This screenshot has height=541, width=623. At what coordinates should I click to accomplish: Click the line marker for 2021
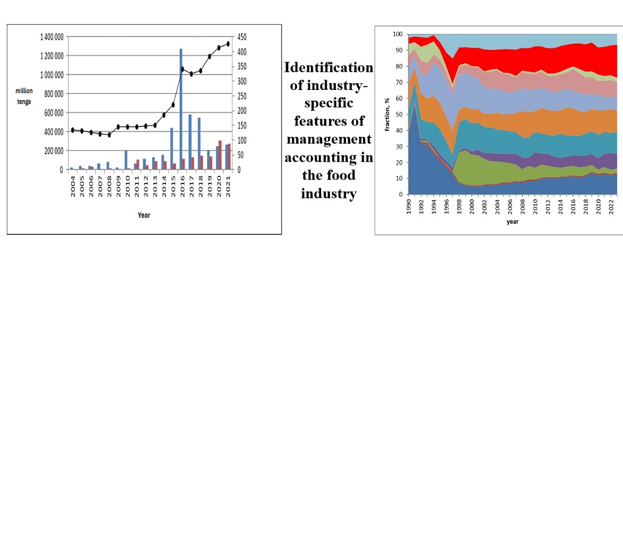[x=228, y=44]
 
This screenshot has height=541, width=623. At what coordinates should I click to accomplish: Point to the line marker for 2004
[x=72, y=130]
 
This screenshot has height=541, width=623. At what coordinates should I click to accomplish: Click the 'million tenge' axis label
[x=24, y=96]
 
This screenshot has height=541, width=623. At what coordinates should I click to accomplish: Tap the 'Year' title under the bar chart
[x=144, y=215]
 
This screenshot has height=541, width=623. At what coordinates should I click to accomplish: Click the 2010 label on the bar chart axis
[x=127, y=185]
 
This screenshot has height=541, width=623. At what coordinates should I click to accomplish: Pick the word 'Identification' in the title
[x=328, y=68]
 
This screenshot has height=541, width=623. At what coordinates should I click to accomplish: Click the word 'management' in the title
[x=328, y=139]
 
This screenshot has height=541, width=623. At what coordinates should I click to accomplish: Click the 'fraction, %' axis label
[x=388, y=114]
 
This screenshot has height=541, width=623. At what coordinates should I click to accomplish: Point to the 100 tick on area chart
[x=398, y=35]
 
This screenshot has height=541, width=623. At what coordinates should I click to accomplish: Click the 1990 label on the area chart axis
[x=409, y=205]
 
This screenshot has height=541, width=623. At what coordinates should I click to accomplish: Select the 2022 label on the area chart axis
[x=610, y=205]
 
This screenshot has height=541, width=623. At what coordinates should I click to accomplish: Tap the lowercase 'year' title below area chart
[x=513, y=222]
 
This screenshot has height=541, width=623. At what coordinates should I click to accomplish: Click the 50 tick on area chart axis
[x=399, y=114]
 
